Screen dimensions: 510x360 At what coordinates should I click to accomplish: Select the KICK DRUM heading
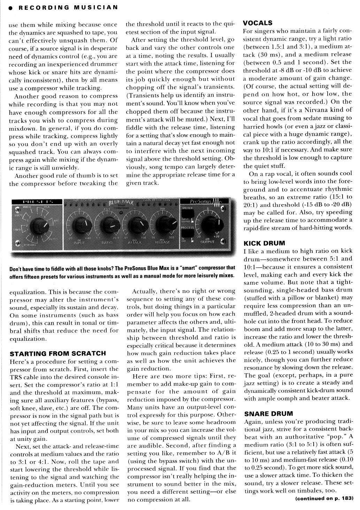click(264, 243)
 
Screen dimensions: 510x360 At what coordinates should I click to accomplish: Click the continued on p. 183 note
click(324, 498)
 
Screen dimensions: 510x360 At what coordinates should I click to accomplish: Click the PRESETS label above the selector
click(37, 202)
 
